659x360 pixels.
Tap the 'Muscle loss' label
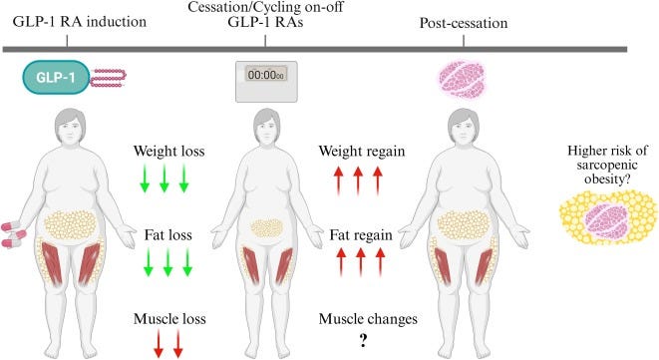coord(168,319)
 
